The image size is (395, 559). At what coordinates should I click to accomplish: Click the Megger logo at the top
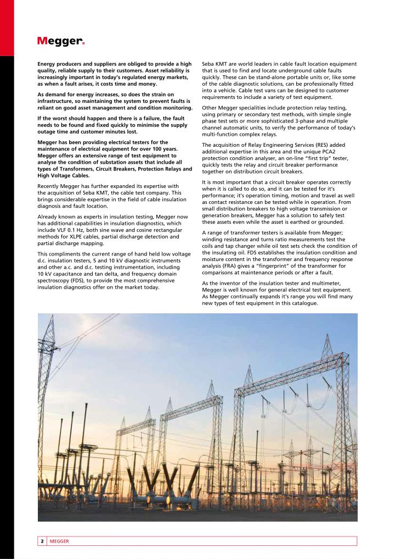tap(61, 41)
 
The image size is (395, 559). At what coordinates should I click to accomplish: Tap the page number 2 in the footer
tap(42, 541)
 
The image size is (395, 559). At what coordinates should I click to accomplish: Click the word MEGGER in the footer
tap(59, 541)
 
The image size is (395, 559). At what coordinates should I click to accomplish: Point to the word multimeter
tap(335, 284)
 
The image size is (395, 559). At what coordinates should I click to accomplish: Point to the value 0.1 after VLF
tap(78, 230)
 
